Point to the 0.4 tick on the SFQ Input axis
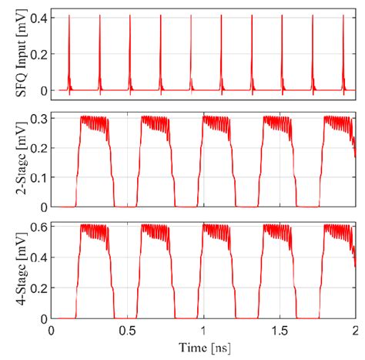coord(35,17)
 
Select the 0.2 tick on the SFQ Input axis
coord(35,53)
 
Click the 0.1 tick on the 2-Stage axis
coord(35,177)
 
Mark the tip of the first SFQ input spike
coord(69,16)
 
